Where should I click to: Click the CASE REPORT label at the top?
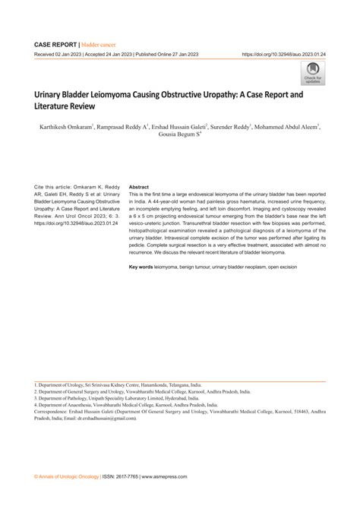pyautogui.click(x=55, y=45)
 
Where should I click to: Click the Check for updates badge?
pyautogui.click(x=313, y=74)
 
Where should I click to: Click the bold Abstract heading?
pyautogui.click(x=139, y=186)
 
